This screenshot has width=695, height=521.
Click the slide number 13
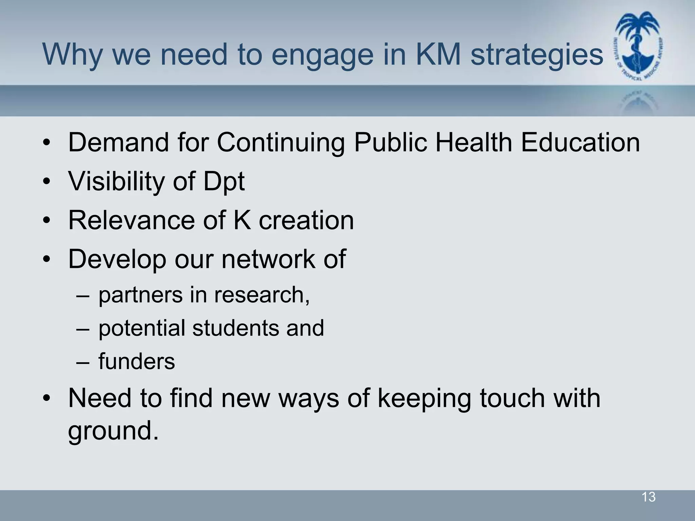pos(648,497)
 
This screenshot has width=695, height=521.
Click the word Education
pos(580,142)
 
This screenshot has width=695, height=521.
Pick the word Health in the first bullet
pos(474,142)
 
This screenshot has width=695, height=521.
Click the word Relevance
pos(131,220)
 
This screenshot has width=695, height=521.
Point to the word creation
pos(306,220)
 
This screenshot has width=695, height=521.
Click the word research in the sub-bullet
pos(261,295)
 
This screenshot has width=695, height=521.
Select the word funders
pos(137,361)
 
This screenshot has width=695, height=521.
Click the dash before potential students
pos(83,328)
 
